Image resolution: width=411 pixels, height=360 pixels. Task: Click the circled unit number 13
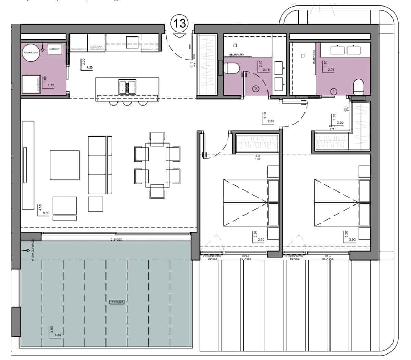pyautogui.click(x=179, y=23)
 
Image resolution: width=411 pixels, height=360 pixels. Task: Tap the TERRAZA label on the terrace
pyautogui.click(x=117, y=302)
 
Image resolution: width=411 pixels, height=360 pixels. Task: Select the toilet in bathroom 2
pyautogui.click(x=232, y=68)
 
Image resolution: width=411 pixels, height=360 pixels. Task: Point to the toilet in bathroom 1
pyautogui.click(x=359, y=87)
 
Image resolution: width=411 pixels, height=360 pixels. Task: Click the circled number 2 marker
pyautogui.click(x=256, y=89)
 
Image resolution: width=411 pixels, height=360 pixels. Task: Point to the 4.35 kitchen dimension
pyautogui.click(x=89, y=67)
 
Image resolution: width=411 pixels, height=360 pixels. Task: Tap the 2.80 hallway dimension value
pyautogui.click(x=271, y=121)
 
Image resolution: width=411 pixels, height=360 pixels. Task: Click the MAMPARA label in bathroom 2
pyautogui.click(x=236, y=54)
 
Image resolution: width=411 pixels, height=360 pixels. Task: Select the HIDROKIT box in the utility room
pyautogui.click(x=55, y=49)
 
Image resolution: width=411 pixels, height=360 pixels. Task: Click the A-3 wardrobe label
pyautogui.click(x=258, y=156)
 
